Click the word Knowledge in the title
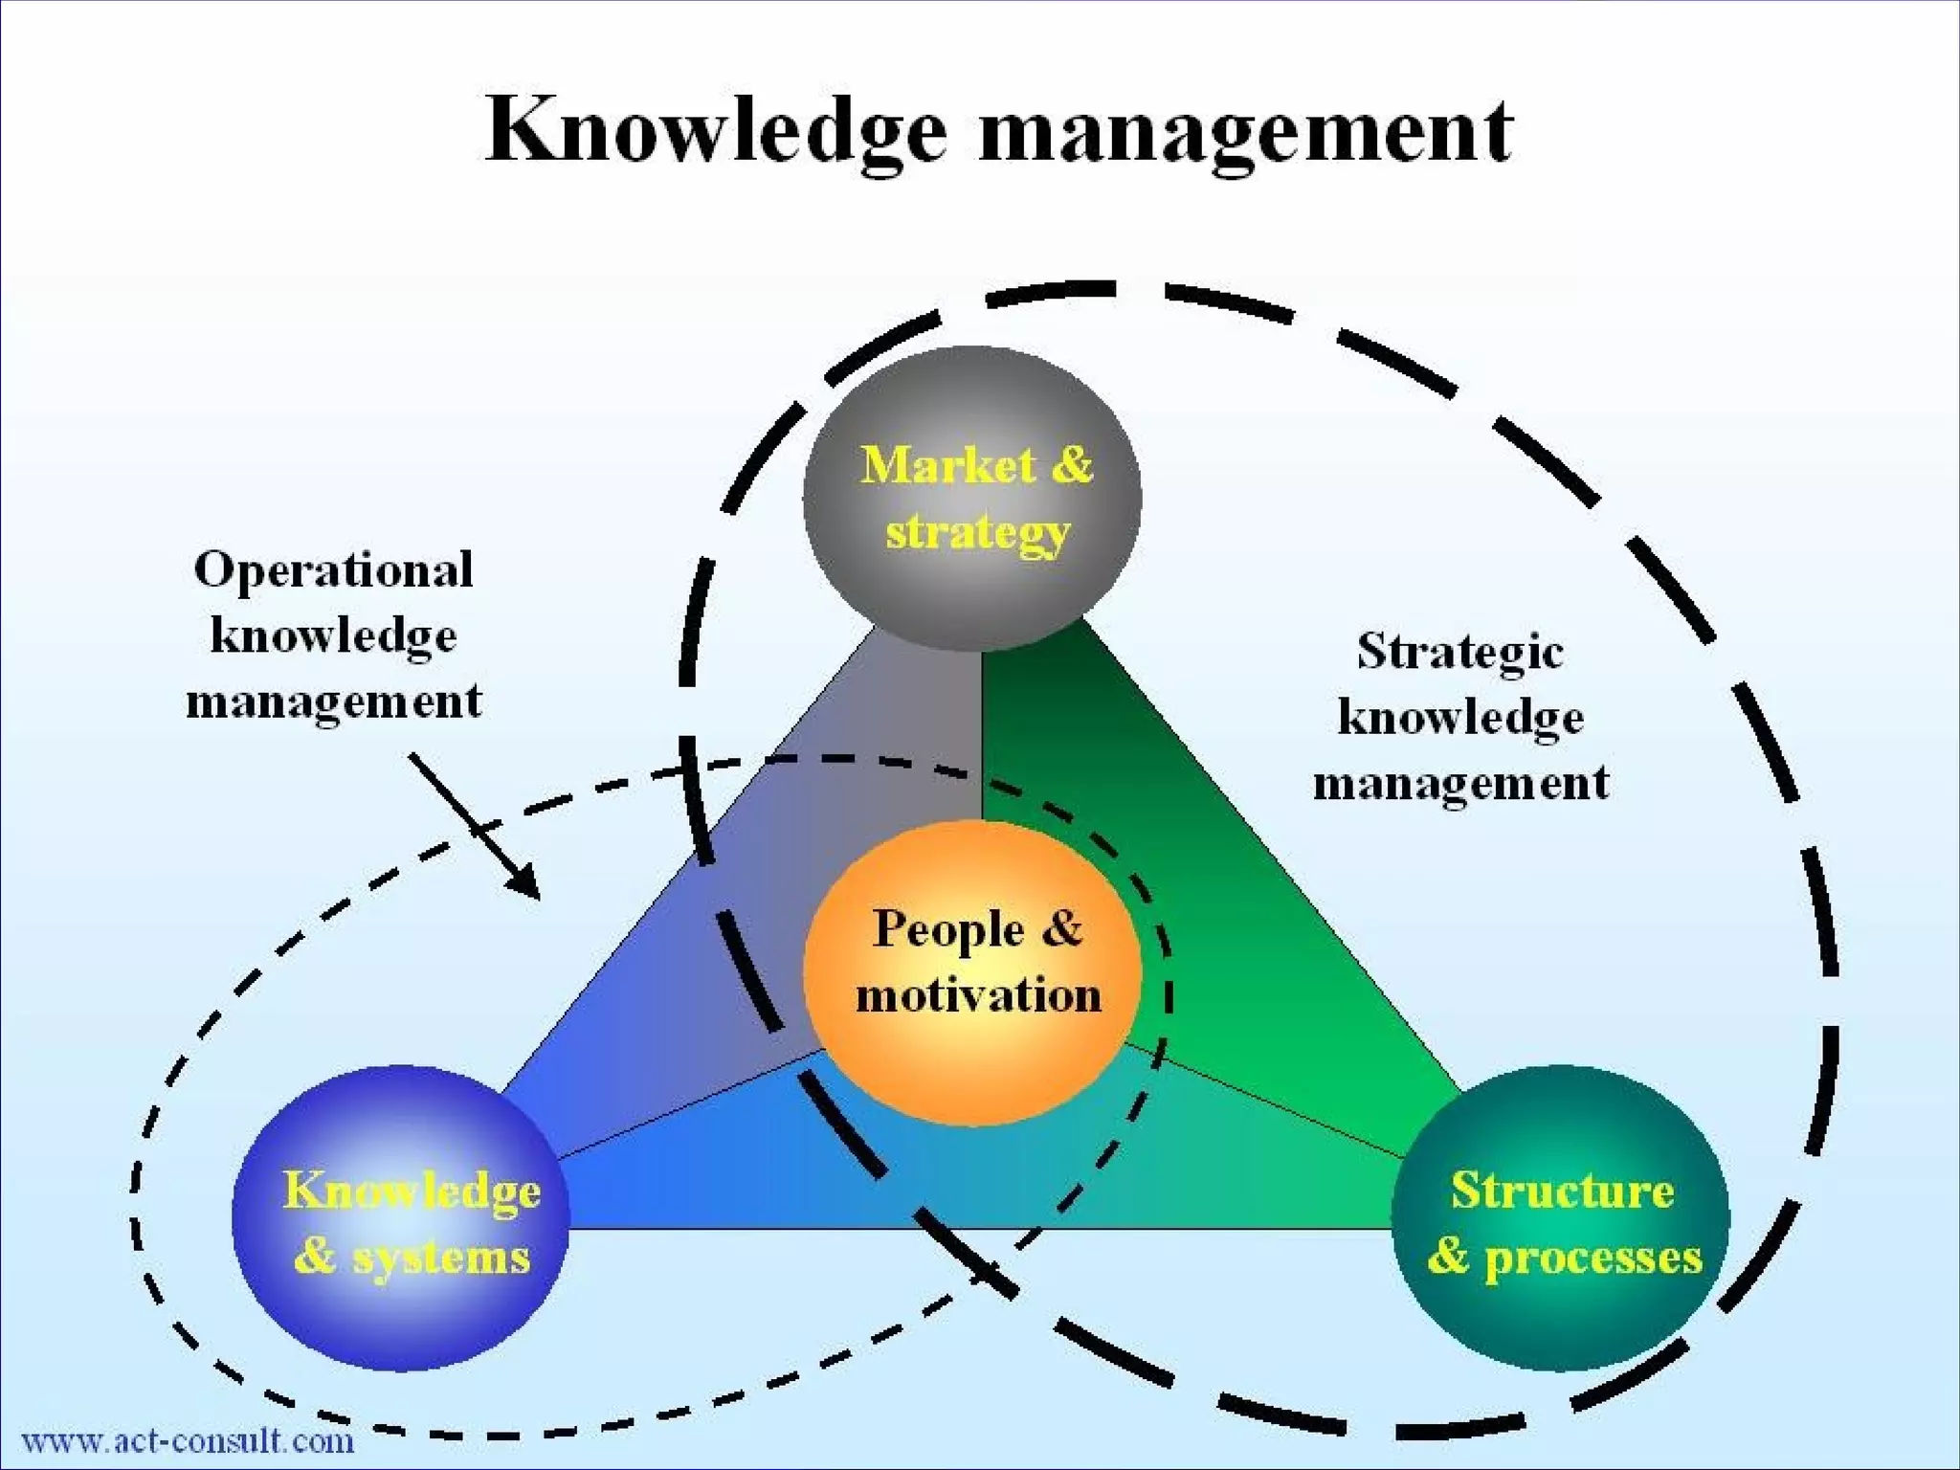pyautogui.click(x=716, y=132)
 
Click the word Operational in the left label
pyautogui.click(x=333, y=570)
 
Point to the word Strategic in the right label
pyautogui.click(x=1459, y=653)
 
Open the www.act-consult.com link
pyautogui.click(x=188, y=1440)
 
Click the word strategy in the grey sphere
pyautogui.click(x=976, y=532)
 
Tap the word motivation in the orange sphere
pyautogui.click(x=978, y=995)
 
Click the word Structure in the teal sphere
pyautogui.click(x=1562, y=1191)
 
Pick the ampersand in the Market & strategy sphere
pyautogui.click(x=1072, y=466)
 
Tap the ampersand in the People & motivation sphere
pyautogui.click(x=1061, y=928)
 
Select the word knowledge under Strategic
pyautogui.click(x=1459, y=718)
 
